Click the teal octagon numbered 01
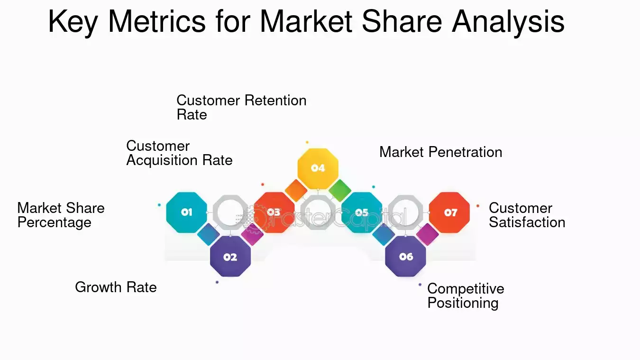(187, 212)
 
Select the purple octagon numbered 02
(230, 257)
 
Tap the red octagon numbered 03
(274, 212)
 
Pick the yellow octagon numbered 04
(318, 168)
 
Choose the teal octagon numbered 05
(362, 212)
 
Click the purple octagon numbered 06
(405, 257)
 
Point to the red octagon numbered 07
(449, 212)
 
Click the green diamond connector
(340, 191)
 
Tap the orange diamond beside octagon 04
(296, 191)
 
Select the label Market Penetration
(440, 152)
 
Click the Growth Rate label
(116, 287)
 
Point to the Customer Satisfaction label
(527, 215)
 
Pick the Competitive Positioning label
(466, 295)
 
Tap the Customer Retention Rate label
(241, 107)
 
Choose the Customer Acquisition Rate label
(179, 153)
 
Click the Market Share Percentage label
(61, 215)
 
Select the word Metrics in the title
(157, 21)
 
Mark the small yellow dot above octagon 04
(307, 142)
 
